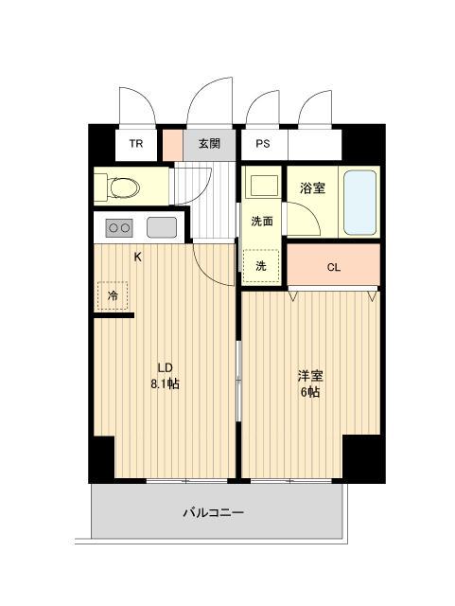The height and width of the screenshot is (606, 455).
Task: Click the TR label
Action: tap(136, 145)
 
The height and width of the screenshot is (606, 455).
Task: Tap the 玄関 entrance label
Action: tap(209, 145)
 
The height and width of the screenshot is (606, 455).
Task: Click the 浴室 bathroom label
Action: tap(313, 187)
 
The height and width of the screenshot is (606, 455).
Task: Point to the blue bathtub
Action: tap(360, 202)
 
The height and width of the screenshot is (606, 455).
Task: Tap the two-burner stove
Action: tap(119, 228)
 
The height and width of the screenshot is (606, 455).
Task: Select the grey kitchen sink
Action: tap(160, 228)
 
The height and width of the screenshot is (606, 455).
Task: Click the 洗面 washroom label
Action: tap(262, 222)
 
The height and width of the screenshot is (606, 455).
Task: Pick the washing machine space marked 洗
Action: tap(261, 266)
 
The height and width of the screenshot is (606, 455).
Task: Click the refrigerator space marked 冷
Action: tap(114, 296)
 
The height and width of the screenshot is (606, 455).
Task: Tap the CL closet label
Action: tap(333, 267)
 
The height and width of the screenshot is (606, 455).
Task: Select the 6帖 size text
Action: tap(308, 391)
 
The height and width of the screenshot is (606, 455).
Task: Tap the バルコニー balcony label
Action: tap(213, 514)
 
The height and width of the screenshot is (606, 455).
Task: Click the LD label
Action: tap(163, 368)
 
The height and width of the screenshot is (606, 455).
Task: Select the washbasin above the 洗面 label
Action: tap(262, 186)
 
